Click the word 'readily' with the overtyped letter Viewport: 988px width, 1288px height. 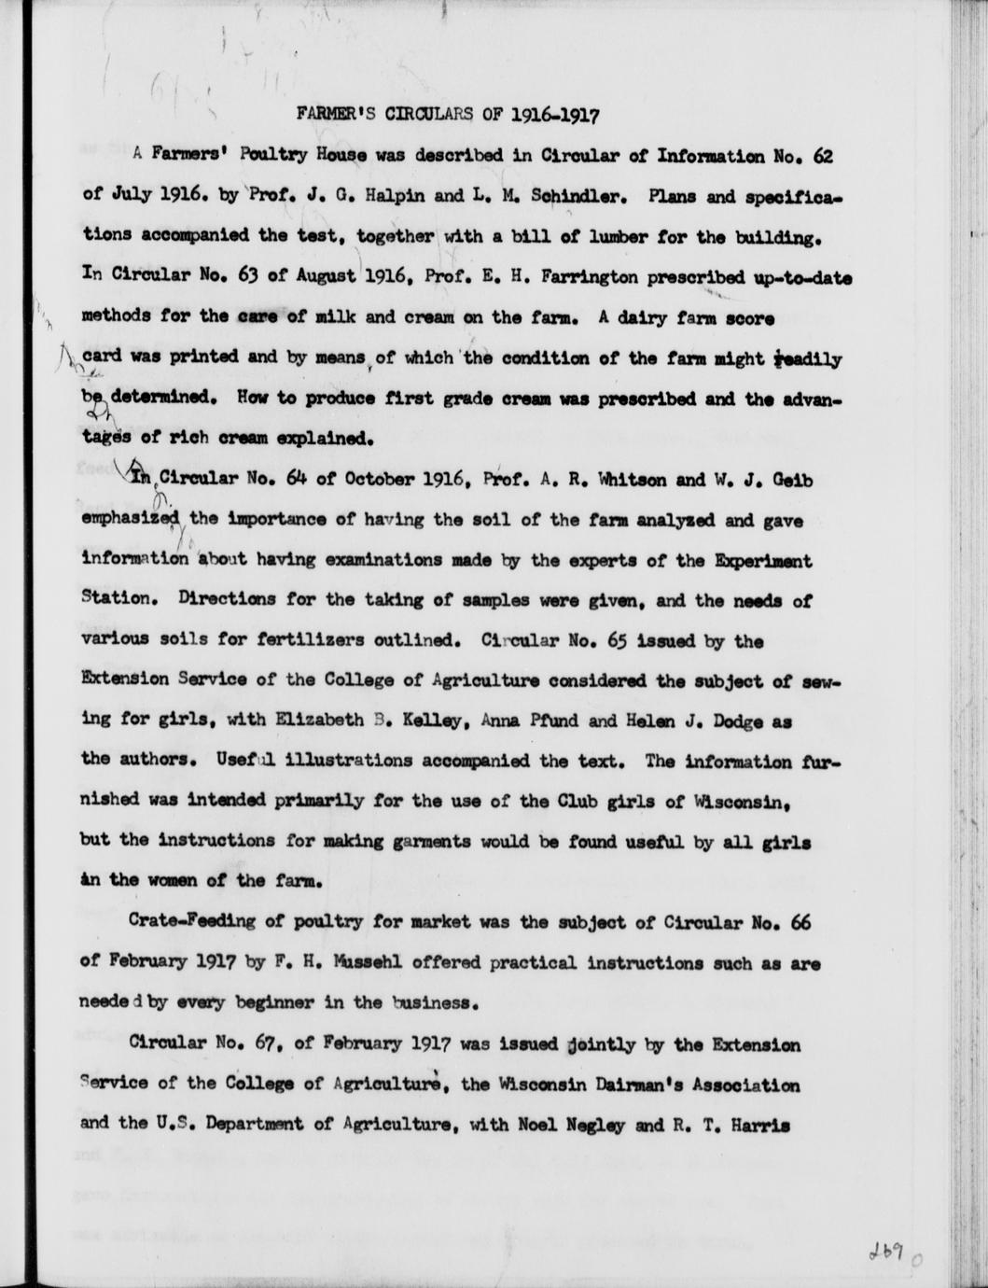click(x=808, y=358)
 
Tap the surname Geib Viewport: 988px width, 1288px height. click(x=793, y=480)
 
